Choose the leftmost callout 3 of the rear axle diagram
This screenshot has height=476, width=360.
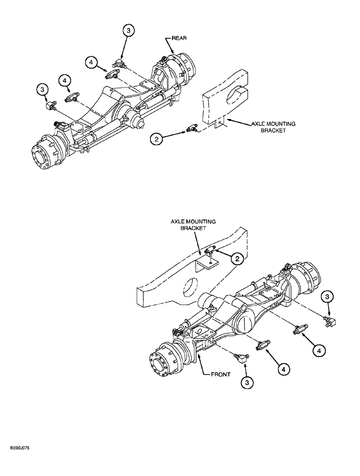43,89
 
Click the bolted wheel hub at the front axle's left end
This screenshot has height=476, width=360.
164,367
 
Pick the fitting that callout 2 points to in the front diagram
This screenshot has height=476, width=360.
208,252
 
